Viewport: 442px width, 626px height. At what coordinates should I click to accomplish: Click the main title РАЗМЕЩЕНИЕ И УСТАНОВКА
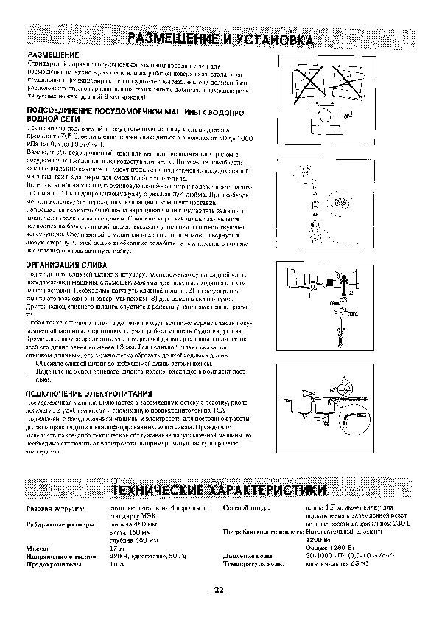pos(221,38)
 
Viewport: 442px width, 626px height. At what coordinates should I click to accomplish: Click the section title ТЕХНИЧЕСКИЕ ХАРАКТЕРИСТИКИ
pos(221,491)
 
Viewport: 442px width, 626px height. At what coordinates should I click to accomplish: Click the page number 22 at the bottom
pos(220,590)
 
